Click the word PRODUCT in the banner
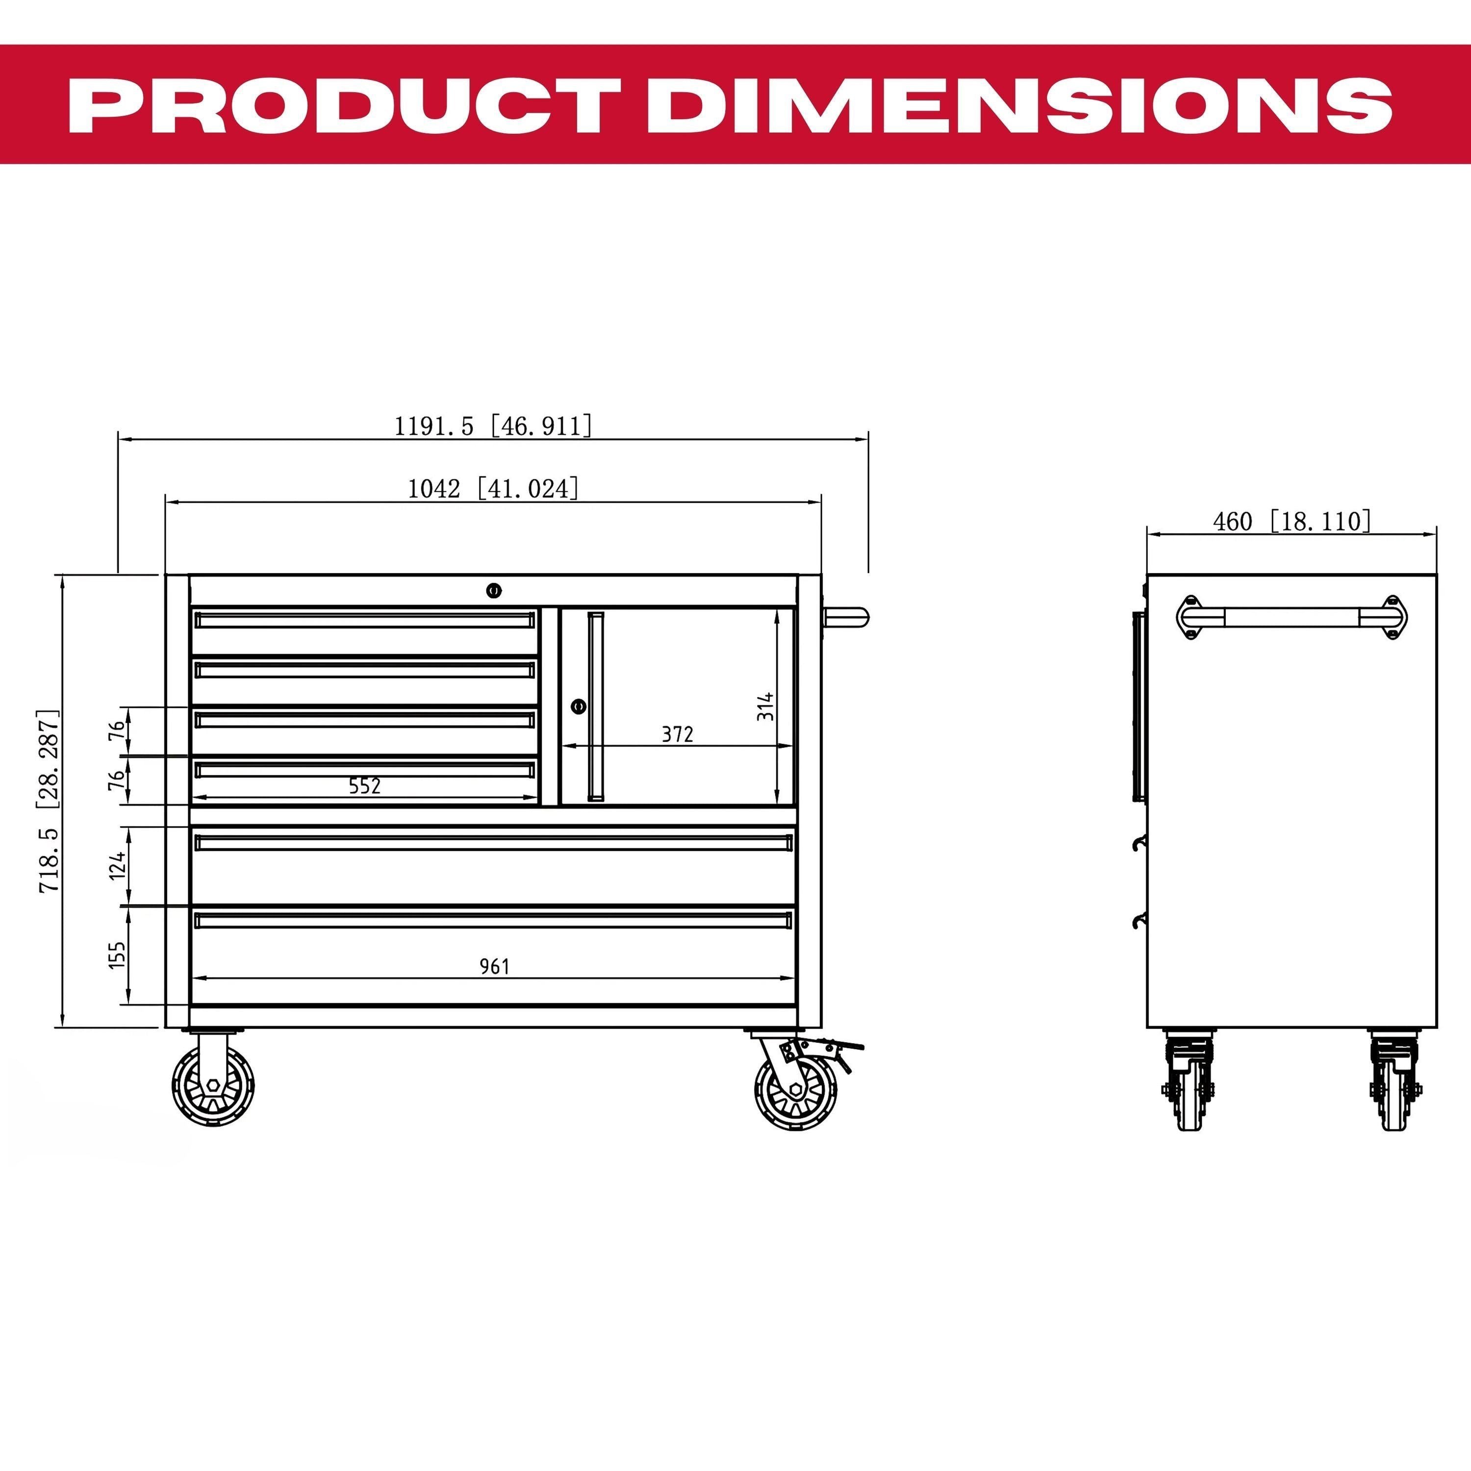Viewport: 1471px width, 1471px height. (x=345, y=104)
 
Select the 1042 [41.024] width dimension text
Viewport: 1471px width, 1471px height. (x=493, y=487)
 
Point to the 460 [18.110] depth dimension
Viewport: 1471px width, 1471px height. (x=1292, y=522)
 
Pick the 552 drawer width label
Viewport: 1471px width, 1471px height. (x=365, y=786)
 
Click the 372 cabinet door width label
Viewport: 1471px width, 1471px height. (x=677, y=734)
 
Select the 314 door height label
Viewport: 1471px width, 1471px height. (x=765, y=706)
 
